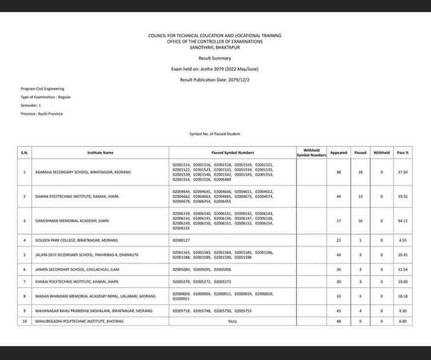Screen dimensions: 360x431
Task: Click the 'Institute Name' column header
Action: [100, 153]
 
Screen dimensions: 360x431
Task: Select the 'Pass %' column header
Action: [403, 153]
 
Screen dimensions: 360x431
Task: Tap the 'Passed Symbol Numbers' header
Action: [232, 153]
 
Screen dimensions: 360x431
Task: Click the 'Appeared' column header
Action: [339, 153]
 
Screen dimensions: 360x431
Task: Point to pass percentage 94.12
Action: [403, 221]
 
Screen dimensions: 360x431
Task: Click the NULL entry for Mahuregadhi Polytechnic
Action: [232, 321]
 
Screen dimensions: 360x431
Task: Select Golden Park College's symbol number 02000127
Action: [181, 240]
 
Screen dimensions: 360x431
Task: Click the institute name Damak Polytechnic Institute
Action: [77, 196]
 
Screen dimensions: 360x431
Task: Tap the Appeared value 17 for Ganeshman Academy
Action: [339, 221]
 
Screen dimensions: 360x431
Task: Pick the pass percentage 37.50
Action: [403, 172]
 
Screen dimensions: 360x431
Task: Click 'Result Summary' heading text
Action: [215, 58]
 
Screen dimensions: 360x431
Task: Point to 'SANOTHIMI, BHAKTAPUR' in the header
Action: [215, 47]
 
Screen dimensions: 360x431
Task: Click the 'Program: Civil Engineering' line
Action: [42, 89]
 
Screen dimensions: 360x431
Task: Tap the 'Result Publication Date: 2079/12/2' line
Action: [215, 80]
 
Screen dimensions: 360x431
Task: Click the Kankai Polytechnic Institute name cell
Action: [74, 282]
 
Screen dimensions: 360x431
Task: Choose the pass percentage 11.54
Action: [403, 270]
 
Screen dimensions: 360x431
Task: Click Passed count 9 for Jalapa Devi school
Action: [360, 255]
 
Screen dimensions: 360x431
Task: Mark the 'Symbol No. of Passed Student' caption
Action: [215, 134]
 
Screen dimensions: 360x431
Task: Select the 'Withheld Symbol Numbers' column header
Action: [311, 153]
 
